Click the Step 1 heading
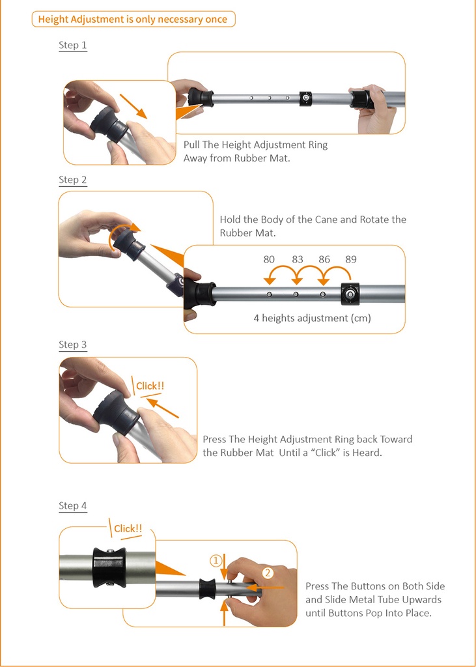[73, 46]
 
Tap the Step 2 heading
[73, 180]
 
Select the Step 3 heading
[73, 345]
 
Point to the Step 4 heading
[73, 505]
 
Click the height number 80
[269, 259]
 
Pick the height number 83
[298, 259]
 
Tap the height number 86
[324, 259]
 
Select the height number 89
[351, 259]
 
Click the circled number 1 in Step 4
[216, 561]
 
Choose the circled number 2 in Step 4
[268, 573]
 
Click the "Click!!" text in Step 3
[150, 386]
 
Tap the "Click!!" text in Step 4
[128, 529]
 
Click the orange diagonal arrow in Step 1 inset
[133, 106]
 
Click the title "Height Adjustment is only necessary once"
[133, 19]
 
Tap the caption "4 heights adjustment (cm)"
[312, 318]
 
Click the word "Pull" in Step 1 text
[192, 145]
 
